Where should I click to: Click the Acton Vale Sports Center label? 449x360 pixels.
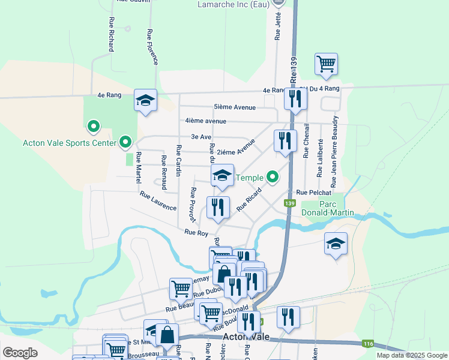[69, 143]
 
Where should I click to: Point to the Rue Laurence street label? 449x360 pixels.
[158, 201]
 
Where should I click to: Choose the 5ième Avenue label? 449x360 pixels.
[235, 107]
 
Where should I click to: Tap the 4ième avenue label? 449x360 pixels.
[206, 121]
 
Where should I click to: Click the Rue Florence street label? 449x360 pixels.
[152, 47]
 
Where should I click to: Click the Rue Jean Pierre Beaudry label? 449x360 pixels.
[334, 151]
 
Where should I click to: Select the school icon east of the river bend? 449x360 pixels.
[336, 243]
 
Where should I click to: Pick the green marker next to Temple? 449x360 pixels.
[273, 177]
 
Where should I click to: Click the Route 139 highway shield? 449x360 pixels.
[291, 203]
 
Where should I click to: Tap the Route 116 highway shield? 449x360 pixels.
[367, 344]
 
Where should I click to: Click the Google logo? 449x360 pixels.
[20, 353]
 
